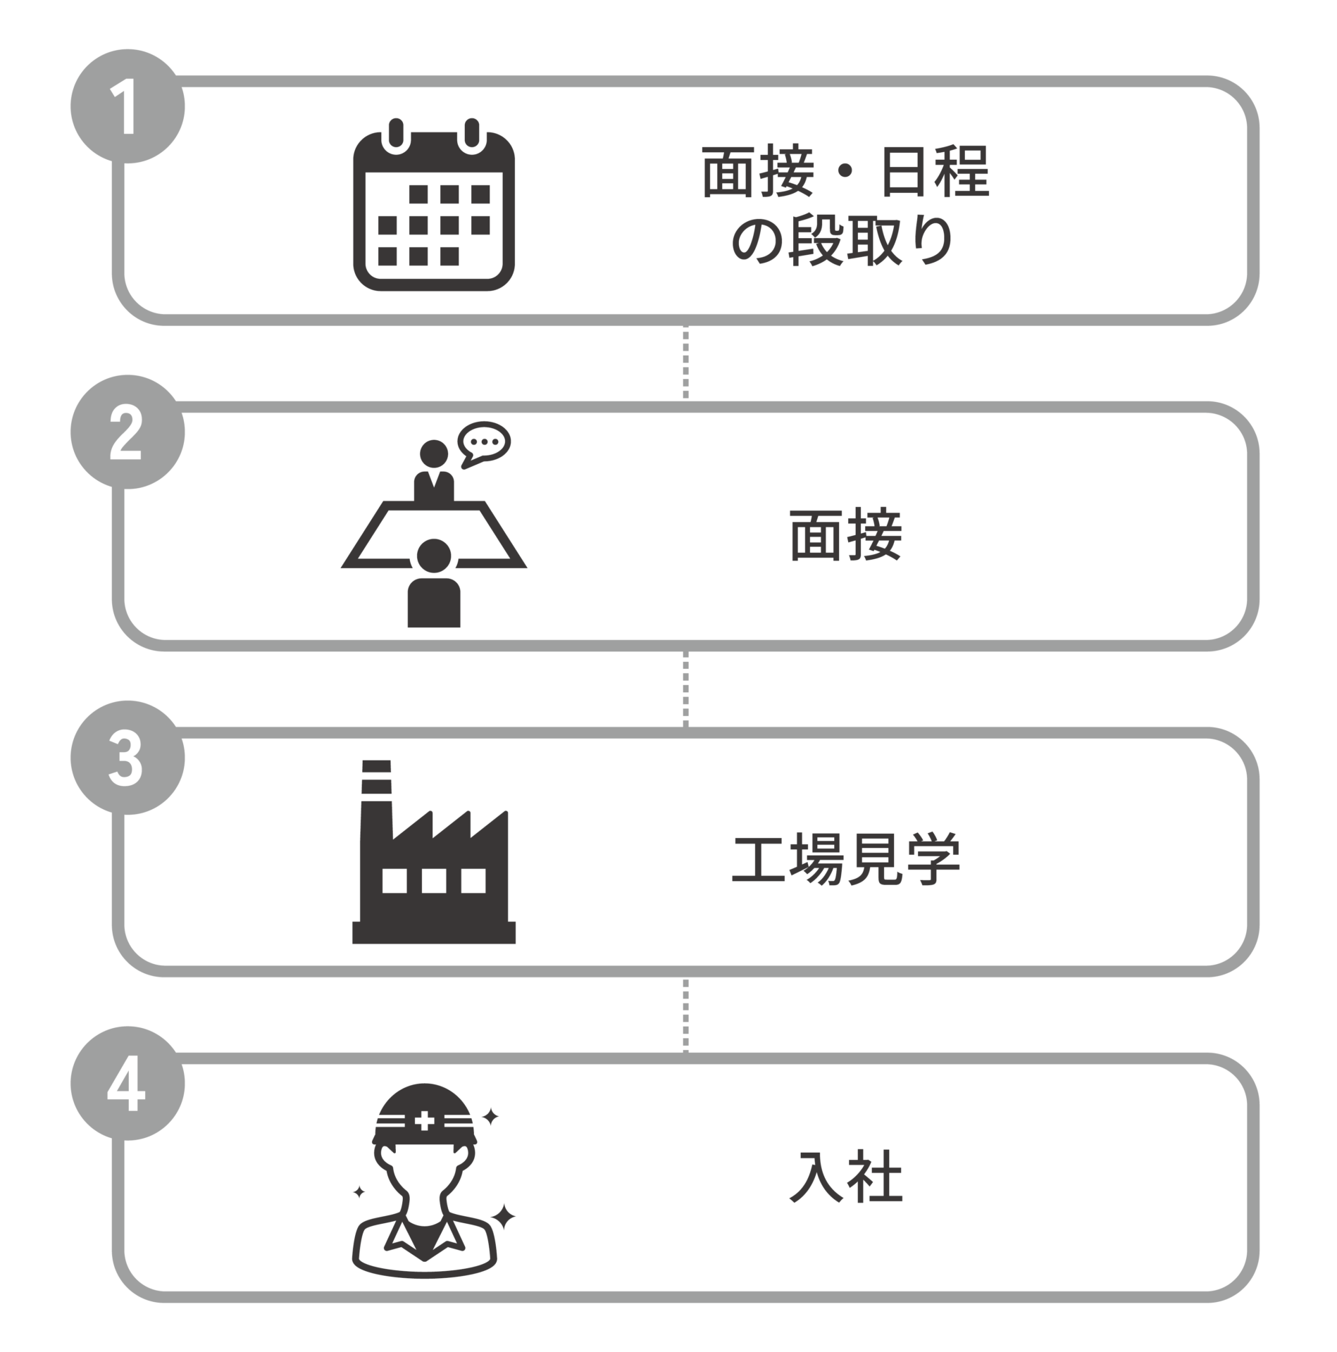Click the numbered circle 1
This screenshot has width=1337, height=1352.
pyautogui.click(x=128, y=106)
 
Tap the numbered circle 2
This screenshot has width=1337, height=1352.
pyautogui.click(x=128, y=432)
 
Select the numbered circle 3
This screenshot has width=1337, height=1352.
pyautogui.click(x=128, y=758)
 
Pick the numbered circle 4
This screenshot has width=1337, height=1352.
pyautogui.click(x=128, y=1084)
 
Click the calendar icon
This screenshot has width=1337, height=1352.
pyautogui.click(x=434, y=204)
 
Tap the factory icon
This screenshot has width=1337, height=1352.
pyautogui.click(x=434, y=852)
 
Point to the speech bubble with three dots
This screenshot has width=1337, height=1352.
pyautogui.click(x=484, y=444)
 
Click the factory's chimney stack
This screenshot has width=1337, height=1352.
pyautogui.click(x=376, y=803)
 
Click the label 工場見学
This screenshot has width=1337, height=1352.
pyautogui.click(x=846, y=860)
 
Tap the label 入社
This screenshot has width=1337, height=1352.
pyautogui.click(x=846, y=1176)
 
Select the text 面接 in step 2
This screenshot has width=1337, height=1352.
pyautogui.click(x=846, y=534)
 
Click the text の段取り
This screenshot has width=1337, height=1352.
pyautogui.click(x=843, y=240)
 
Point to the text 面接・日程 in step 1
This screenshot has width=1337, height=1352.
pyautogui.click(x=846, y=171)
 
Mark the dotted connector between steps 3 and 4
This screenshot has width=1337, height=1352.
pyautogui.click(x=685, y=1015)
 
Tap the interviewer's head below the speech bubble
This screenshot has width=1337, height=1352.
pyautogui.click(x=434, y=453)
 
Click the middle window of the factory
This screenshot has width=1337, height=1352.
pyautogui.click(x=434, y=880)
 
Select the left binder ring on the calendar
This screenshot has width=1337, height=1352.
pyautogui.click(x=396, y=135)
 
